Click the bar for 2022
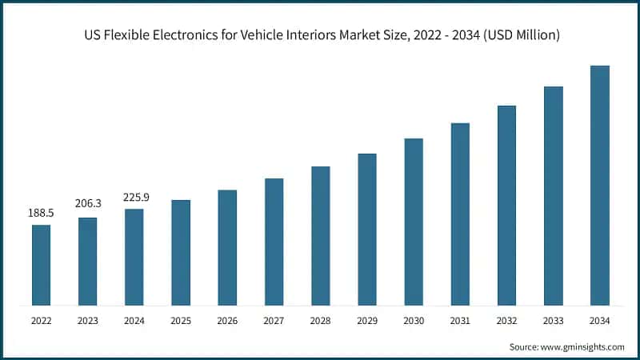(41, 265)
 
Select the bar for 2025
(181, 252)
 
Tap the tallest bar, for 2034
(599, 185)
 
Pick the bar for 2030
(413, 222)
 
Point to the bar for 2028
(320, 235)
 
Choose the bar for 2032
(506, 205)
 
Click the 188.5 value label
(41, 214)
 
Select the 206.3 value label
(87, 206)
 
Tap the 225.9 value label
(134, 197)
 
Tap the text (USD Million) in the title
(519, 35)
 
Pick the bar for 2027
(274, 242)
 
